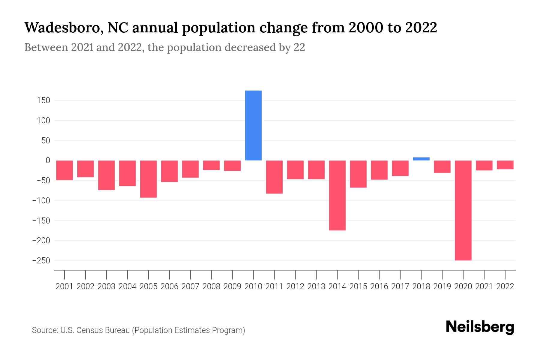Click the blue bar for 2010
click(253, 125)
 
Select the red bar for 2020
click(463, 210)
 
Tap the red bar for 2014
click(337, 195)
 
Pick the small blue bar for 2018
click(421, 159)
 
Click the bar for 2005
click(148, 179)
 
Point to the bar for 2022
click(505, 165)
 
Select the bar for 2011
click(274, 177)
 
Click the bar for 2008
click(211, 165)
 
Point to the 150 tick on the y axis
click(43, 100)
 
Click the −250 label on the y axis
click(41, 261)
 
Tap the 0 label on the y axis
click(47, 160)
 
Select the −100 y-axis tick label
click(41, 201)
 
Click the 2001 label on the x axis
click(64, 286)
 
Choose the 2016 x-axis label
click(379, 286)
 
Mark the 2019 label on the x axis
click(442, 286)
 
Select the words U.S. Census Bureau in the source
click(95, 330)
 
